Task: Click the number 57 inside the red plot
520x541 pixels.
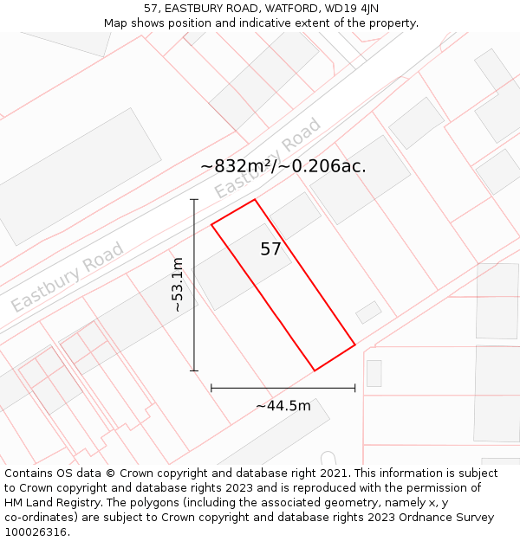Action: (270, 249)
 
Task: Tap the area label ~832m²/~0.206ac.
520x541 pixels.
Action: (283, 166)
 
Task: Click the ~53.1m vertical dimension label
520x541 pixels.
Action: (177, 285)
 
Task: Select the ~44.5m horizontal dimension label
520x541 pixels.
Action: (283, 406)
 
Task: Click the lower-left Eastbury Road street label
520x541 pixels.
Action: (67, 277)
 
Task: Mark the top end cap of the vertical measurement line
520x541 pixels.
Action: (194, 200)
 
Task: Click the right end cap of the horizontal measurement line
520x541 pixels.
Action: (355, 388)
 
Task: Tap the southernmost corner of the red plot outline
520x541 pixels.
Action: (315, 370)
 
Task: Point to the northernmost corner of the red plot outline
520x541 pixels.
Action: (255, 200)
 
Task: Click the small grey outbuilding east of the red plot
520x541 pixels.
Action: (368, 312)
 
